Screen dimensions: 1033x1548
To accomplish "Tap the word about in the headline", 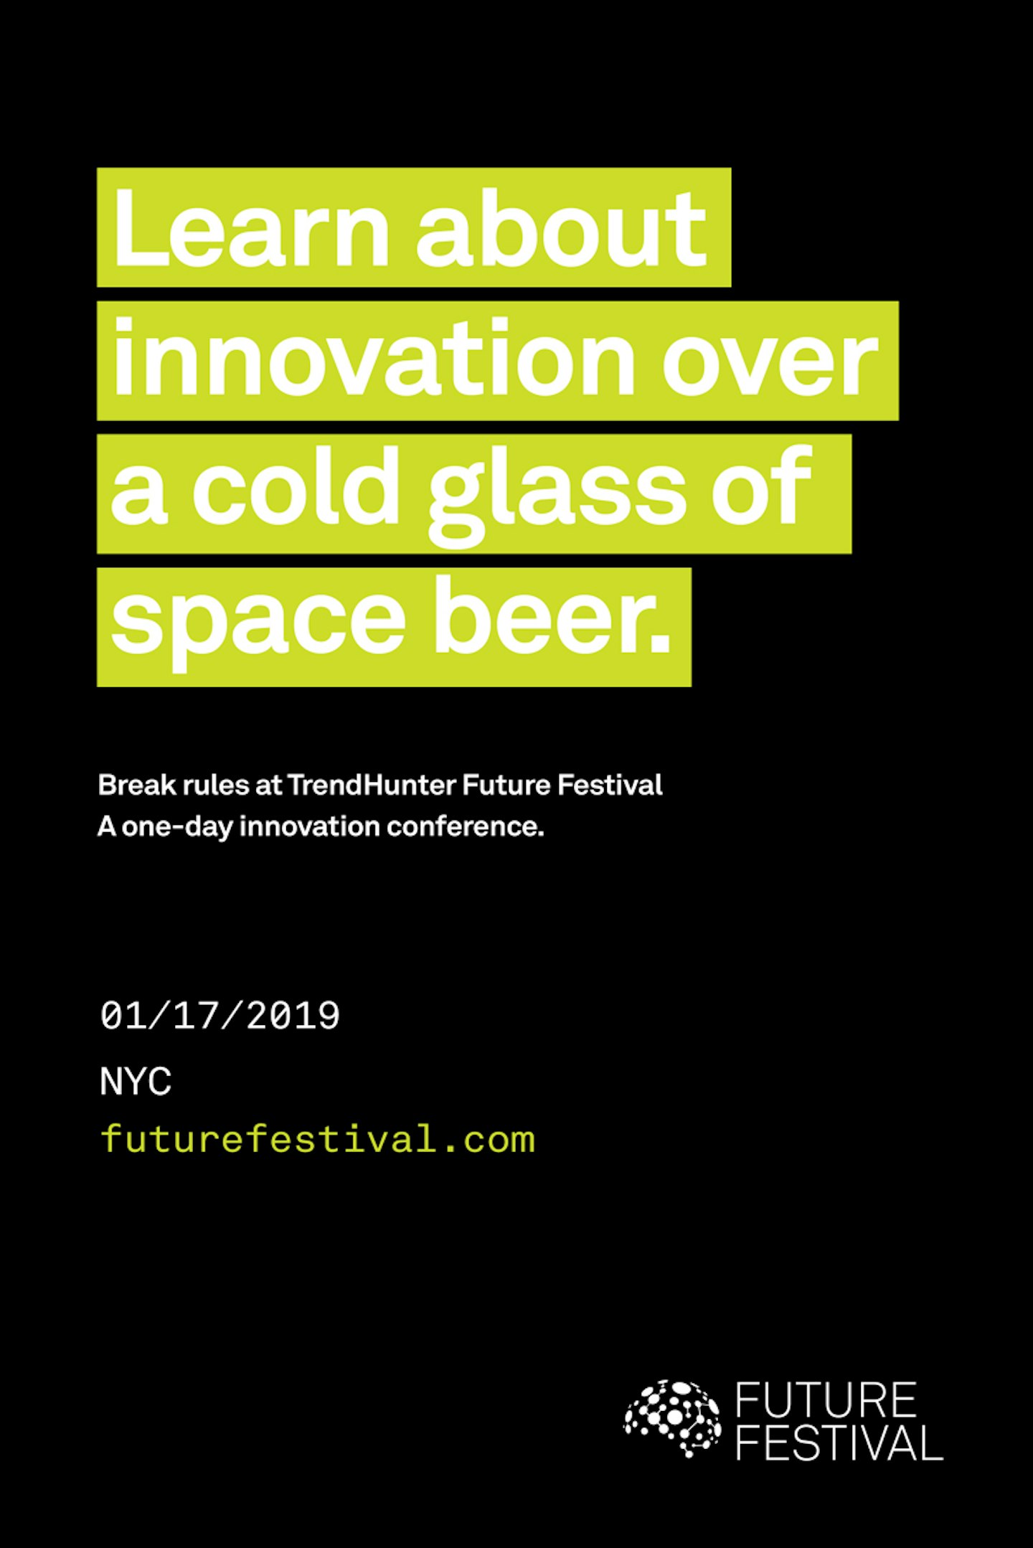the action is [x=562, y=227].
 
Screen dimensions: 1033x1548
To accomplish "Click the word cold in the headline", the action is [x=295, y=487].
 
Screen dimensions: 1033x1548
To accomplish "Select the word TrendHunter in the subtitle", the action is [x=372, y=784].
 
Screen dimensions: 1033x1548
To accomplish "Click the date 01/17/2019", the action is [x=220, y=1016].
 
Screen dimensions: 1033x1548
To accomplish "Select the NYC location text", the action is [x=136, y=1081].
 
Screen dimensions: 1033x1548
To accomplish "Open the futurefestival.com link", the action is [x=318, y=1139].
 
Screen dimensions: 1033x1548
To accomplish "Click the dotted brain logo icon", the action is [x=672, y=1419].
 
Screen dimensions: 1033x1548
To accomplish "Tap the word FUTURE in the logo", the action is [x=826, y=1400].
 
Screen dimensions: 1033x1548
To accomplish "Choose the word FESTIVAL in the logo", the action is [x=839, y=1442].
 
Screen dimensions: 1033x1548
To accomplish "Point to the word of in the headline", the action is [x=762, y=486].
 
